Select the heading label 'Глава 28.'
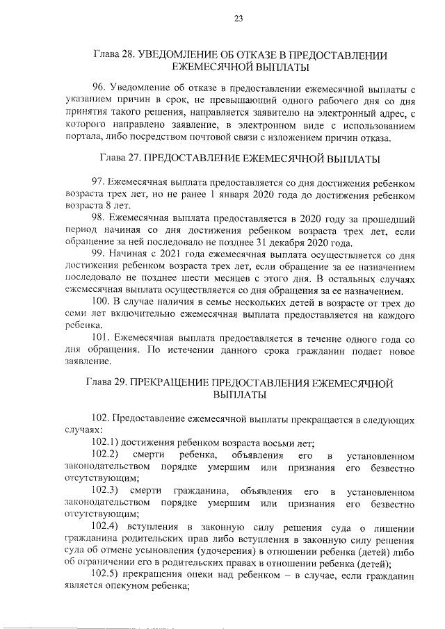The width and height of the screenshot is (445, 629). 115,54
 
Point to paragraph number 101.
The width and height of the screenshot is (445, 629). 102,338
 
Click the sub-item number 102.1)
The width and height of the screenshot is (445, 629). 106,442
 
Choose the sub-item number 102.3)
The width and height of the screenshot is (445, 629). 106,491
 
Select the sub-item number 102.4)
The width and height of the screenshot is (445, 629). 106,525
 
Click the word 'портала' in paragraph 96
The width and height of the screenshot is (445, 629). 81,138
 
